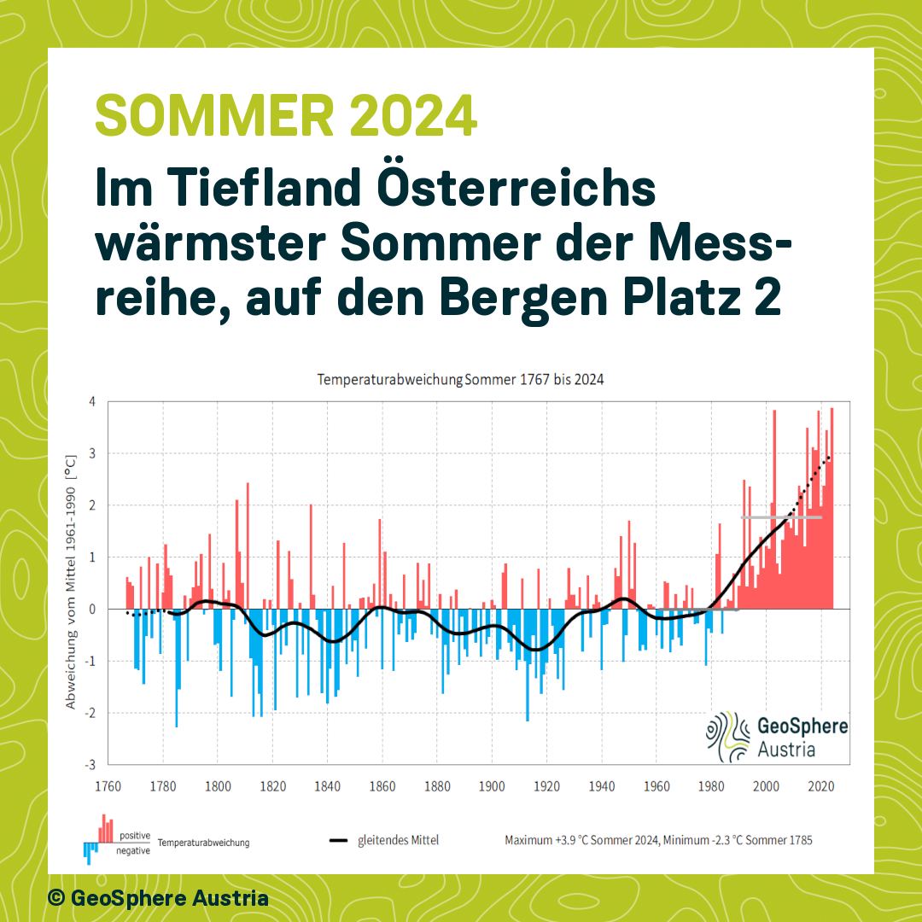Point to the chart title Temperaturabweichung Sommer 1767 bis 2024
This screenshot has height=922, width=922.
click(x=460, y=379)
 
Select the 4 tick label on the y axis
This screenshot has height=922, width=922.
click(x=91, y=401)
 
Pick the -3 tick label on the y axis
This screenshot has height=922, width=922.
click(x=90, y=764)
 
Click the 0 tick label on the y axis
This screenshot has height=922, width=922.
click(x=91, y=609)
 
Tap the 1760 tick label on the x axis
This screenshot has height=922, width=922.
click(x=108, y=785)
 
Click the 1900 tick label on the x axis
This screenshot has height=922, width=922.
click(x=492, y=785)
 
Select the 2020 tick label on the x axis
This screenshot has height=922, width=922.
click(x=821, y=785)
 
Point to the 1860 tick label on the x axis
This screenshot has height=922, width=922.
click(x=382, y=785)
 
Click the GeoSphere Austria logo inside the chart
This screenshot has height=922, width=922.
click(x=776, y=737)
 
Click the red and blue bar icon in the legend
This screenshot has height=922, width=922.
click(x=99, y=839)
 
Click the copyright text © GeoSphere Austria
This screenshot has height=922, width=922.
click(x=158, y=898)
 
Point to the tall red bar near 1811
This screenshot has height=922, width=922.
click(x=248, y=546)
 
